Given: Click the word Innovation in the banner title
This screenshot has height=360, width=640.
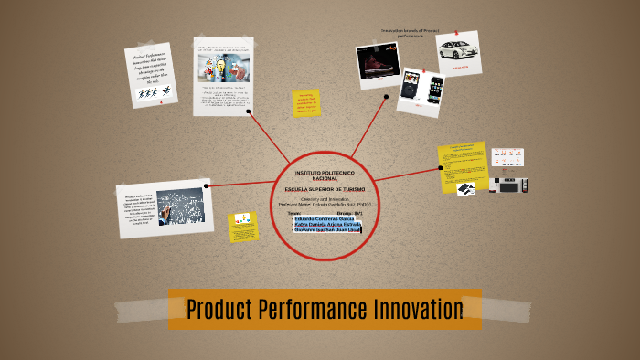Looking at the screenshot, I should click(x=418, y=310).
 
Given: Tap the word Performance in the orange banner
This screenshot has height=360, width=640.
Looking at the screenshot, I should click(x=314, y=310).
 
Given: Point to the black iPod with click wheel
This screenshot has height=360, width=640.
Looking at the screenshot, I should click(x=411, y=86).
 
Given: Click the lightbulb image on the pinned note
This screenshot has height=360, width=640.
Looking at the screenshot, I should click(x=222, y=66).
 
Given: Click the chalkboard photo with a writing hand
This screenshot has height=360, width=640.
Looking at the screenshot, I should click(x=179, y=206).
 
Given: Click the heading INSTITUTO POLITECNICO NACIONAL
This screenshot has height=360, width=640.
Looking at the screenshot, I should click(x=318, y=175).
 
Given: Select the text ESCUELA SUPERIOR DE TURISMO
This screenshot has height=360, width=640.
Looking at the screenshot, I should click(x=318, y=188).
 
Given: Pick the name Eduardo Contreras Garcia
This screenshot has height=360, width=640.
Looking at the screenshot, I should click(x=325, y=218).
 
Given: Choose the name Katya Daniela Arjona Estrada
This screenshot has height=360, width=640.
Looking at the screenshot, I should click(x=326, y=224).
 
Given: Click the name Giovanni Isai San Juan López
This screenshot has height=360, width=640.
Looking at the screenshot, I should click(x=327, y=230).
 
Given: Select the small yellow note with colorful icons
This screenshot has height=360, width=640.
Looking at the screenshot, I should click(x=243, y=227).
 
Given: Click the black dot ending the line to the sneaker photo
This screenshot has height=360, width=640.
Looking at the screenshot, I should click(x=386, y=96).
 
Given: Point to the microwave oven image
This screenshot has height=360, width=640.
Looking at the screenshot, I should click(x=507, y=184).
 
